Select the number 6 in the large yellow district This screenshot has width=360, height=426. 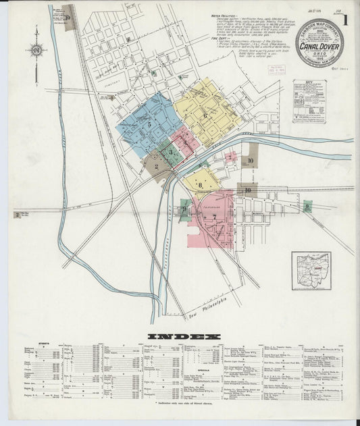point(205,115)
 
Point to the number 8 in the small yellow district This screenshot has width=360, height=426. point(200,183)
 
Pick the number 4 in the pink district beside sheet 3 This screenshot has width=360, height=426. point(184,142)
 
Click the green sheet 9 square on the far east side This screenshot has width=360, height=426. point(307,207)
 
